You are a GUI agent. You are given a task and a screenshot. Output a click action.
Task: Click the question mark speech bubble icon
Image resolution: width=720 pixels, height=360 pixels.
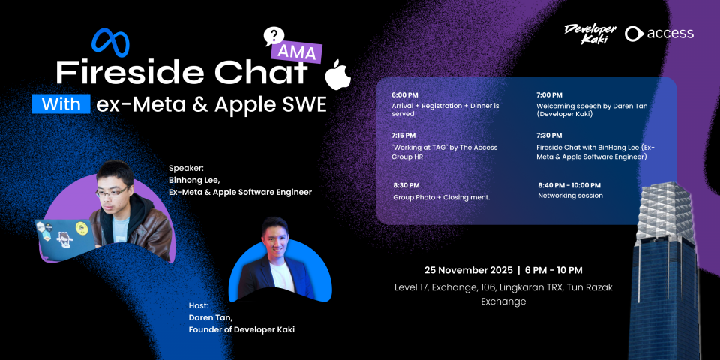[274, 37]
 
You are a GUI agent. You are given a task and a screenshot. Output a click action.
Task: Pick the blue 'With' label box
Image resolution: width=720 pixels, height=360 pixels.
[61, 103]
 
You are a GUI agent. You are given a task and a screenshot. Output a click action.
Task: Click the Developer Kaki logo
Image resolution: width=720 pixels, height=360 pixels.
[590, 34]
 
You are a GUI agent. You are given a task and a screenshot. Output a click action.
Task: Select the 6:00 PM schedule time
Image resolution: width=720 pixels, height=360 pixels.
[405, 95]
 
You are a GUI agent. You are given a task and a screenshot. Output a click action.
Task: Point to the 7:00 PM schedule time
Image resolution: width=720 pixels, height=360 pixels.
[549, 95]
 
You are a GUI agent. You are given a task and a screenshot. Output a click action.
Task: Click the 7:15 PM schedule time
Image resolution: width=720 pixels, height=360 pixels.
[404, 136]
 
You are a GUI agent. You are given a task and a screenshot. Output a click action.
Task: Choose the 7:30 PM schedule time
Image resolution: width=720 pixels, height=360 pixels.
[549, 136]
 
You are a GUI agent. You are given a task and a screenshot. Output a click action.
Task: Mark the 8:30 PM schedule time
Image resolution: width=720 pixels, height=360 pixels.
[406, 185]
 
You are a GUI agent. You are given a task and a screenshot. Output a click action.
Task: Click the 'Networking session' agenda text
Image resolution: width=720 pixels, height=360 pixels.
[570, 196]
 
